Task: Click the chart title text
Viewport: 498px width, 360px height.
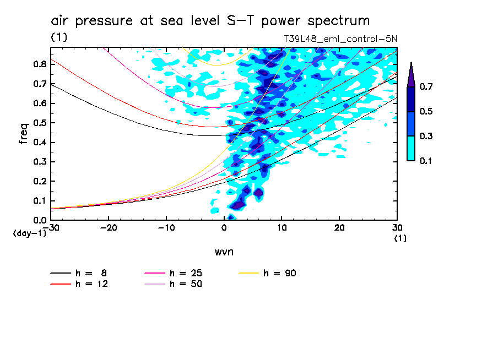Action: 210,21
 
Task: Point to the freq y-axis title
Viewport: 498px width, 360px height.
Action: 24,134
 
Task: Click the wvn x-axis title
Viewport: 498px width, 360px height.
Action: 224,252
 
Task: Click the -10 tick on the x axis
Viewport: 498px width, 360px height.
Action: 166,228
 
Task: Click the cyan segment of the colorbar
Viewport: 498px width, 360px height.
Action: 410,148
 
